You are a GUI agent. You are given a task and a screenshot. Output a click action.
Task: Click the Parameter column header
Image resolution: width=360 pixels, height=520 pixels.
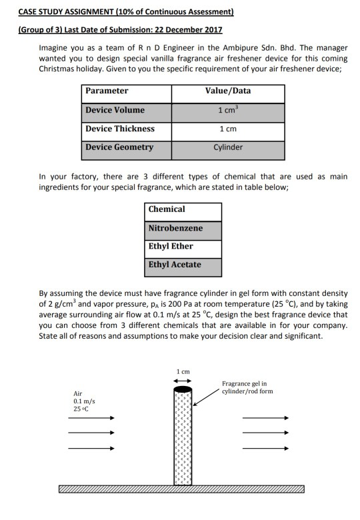[x=107, y=91]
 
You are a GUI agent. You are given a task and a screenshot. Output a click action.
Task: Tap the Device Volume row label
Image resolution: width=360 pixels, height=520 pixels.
[x=115, y=110]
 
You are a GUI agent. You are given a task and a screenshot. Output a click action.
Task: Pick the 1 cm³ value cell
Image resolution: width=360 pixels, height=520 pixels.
[x=228, y=110]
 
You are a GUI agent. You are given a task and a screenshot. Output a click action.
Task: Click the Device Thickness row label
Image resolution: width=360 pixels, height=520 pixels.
[x=119, y=129]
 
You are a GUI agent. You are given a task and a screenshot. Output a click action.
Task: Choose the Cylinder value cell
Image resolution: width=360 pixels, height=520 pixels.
[x=228, y=147]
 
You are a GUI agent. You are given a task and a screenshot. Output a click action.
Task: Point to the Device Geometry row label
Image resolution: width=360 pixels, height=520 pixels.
[x=119, y=147]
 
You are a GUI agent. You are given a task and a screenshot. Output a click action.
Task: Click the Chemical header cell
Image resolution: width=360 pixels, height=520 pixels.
[x=167, y=209]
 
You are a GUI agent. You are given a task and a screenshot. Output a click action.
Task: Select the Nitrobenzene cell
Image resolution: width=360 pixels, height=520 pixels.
[x=175, y=228]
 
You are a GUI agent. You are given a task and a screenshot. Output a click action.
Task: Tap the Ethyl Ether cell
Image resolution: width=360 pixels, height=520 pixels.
[x=171, y=247]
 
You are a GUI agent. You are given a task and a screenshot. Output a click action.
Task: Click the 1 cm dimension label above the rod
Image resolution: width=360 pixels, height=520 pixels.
[x=183, y=371]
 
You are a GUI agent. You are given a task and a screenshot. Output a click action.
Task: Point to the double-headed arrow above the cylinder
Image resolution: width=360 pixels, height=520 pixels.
[x=183, y=381]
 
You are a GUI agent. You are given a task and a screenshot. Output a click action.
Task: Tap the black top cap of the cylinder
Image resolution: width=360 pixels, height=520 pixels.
[x=183, y=389]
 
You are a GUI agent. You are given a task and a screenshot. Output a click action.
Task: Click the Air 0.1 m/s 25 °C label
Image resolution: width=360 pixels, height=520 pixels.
[x=85, y=401]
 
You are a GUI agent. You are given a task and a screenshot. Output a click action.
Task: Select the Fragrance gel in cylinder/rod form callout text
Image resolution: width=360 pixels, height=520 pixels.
[x=247, y=387]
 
